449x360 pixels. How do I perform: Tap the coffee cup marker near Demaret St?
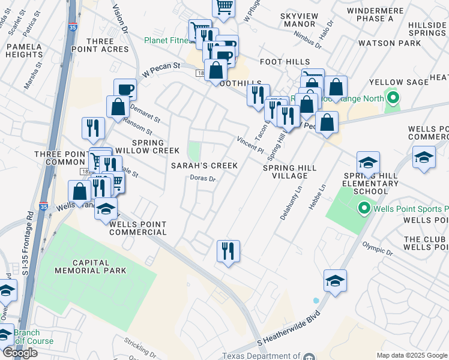click(125, 90)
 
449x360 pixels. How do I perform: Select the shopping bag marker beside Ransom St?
click(118, 107)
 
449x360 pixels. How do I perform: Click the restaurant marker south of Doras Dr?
click(228, 251)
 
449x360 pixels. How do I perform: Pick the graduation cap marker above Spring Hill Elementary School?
click(368, 163)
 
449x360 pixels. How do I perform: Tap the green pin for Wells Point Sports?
click(363, 209)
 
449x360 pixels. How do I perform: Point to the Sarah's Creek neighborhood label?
click(204, 165)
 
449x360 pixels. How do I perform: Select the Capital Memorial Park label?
click(99, 266)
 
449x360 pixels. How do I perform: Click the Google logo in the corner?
click(20, 353)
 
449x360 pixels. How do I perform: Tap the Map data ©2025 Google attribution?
click(411, 355)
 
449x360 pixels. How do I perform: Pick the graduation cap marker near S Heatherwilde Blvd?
click(336, 280)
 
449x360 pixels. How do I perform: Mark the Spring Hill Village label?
click(285, 172)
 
